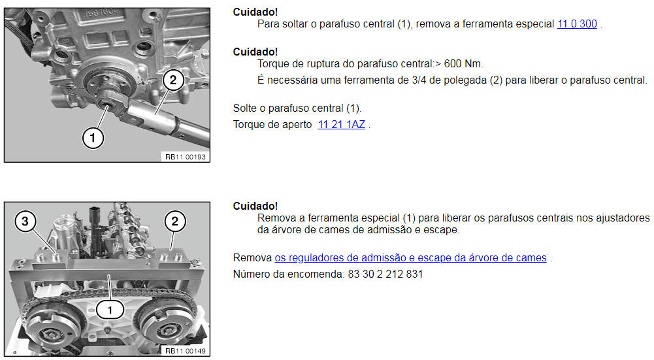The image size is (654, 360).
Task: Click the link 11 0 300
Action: [577, 24]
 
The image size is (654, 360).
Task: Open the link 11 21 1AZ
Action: [341, 125]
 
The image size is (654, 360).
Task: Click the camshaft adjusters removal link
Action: [410, 258]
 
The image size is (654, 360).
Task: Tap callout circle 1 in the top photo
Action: [93, 138]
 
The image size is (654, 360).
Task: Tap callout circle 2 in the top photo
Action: [172, 80]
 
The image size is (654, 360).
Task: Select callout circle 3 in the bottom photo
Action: [25, 221]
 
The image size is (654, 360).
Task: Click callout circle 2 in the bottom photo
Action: [174, 221]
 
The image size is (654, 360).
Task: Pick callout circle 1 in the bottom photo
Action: [110, 310]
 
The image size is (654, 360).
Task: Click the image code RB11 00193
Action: [185, 157]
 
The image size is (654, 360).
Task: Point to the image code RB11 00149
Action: [185, 352]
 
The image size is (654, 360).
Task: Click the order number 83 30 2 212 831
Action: [385, 274]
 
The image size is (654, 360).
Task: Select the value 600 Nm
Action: [463, 64]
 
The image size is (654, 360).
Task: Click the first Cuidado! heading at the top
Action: [255, 12]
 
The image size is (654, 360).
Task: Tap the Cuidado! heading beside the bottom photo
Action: [255, 206]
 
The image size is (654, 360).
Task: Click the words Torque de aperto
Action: [272, 125]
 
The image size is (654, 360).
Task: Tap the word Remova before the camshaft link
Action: [252, 258]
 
